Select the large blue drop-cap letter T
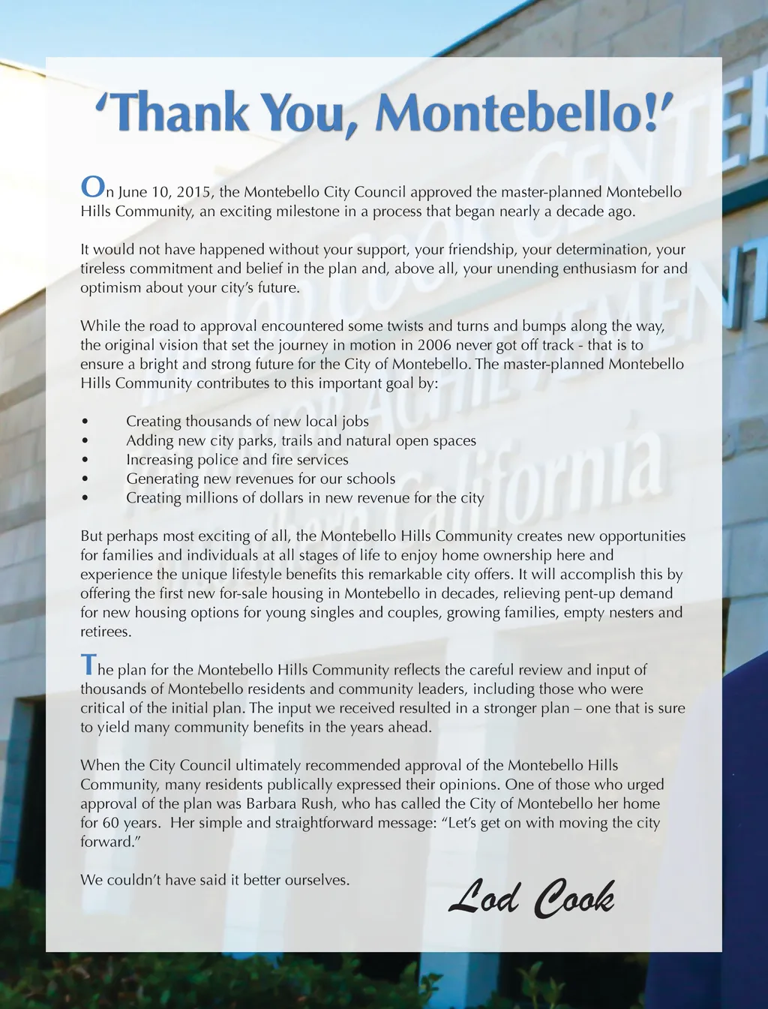(x=88, y=665)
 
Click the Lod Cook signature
(x=532, y=898)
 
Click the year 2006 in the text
(x=434, y=345)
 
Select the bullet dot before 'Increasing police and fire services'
(x=85, y=460)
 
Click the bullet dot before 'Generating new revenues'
(x=85, y=479)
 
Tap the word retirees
(x=105, y=632)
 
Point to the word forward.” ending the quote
(x=110, y=842)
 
